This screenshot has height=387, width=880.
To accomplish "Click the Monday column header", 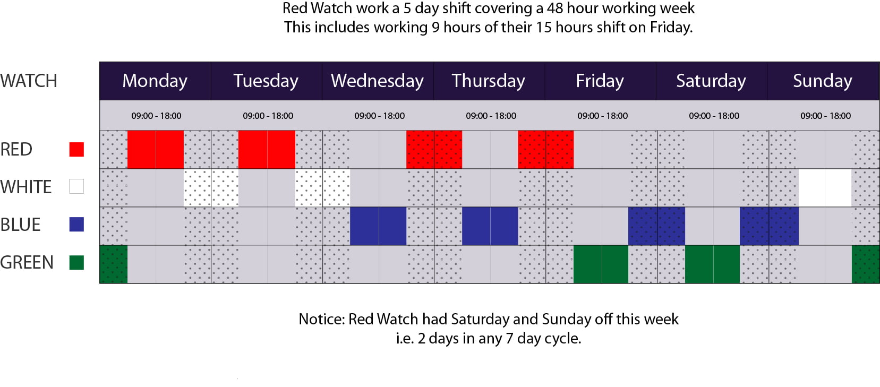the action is [x=155, y=81].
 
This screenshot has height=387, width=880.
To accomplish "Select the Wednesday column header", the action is [x=377, y=81].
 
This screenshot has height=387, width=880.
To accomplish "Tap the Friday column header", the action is [x=600, y=81].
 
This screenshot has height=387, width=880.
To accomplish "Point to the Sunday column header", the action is [x=823, y=81].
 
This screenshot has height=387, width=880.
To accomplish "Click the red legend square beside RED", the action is [x=76, y=149].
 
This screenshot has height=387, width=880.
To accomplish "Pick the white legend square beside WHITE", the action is [x=76, y=186].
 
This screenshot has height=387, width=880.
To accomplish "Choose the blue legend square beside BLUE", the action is [x=76, y=225].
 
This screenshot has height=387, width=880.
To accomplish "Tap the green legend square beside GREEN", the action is [x=76, y=262].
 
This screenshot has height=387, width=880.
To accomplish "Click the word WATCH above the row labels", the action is [x=29, y=81].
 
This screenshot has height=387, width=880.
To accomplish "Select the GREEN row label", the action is [x=27, y=262].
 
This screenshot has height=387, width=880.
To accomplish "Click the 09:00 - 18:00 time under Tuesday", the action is [x=268, y=116].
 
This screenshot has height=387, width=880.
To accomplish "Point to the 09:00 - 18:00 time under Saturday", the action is [x=714, y=116].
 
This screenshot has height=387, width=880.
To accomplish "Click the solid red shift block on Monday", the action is [x=156, y=149].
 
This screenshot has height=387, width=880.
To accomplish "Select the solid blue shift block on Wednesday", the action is [x=378, y=226].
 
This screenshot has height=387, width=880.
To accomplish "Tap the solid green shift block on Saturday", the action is [x=713, y=264].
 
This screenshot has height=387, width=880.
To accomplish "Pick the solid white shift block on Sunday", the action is [x=825, y=188].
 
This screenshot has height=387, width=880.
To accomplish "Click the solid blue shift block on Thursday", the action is [x=490, y=226].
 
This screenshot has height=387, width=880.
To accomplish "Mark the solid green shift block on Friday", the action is [x=601, y=264].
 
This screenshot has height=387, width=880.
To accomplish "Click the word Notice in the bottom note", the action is [x=321, y=319].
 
